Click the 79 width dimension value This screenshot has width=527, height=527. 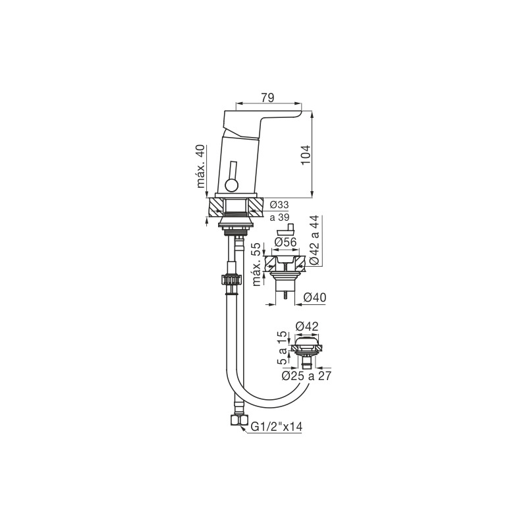pyautogui.click(x=268, y=97)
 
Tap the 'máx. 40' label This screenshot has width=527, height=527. pyautogui.click(x=201, y=166)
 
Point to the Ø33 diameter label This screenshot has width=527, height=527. pyautogui.click(x=279, y=205)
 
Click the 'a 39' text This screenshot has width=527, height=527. pyautogui.click(x=279, y=217)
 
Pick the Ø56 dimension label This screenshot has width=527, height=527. pyautogui.click(x=285, y=242)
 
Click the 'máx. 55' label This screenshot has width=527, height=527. pyautogui.click(x=257, y=264)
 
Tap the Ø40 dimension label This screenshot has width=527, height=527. pyautogui.click(x=315, y=298)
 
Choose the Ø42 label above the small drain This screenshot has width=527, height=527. pyautogui.click(x=306, y=326)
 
